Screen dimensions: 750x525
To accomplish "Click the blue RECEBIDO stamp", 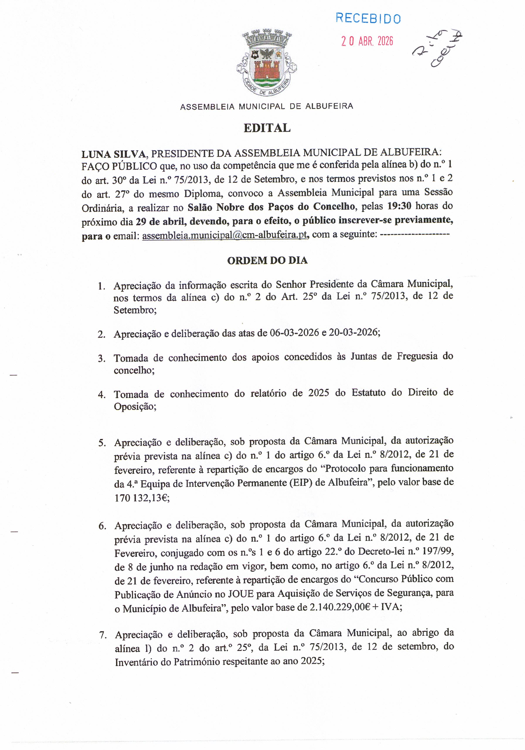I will tap(368, 18).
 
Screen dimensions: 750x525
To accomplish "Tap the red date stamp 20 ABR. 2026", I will tap(367, 41).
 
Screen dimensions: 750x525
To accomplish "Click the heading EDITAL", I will tap(267, 128).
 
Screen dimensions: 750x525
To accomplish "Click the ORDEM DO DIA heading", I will tap(267, 260).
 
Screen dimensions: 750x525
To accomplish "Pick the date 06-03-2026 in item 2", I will tap(294, 333).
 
